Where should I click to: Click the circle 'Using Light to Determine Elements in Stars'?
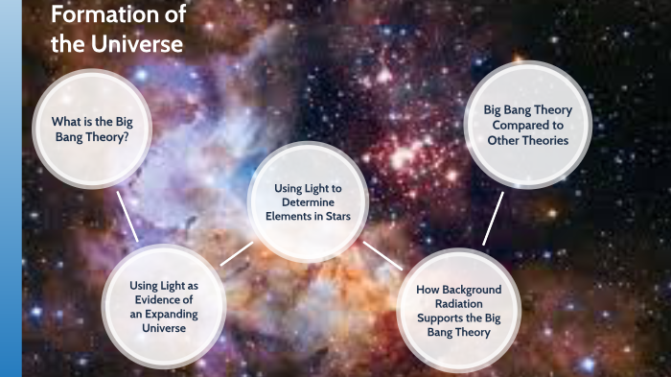pos(302,202)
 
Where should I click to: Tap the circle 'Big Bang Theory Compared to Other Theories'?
pos(527,125)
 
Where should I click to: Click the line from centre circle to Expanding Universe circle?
pos(236,253)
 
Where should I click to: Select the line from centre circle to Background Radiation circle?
pos(382,255)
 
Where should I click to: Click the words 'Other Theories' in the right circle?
pos(527,140)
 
